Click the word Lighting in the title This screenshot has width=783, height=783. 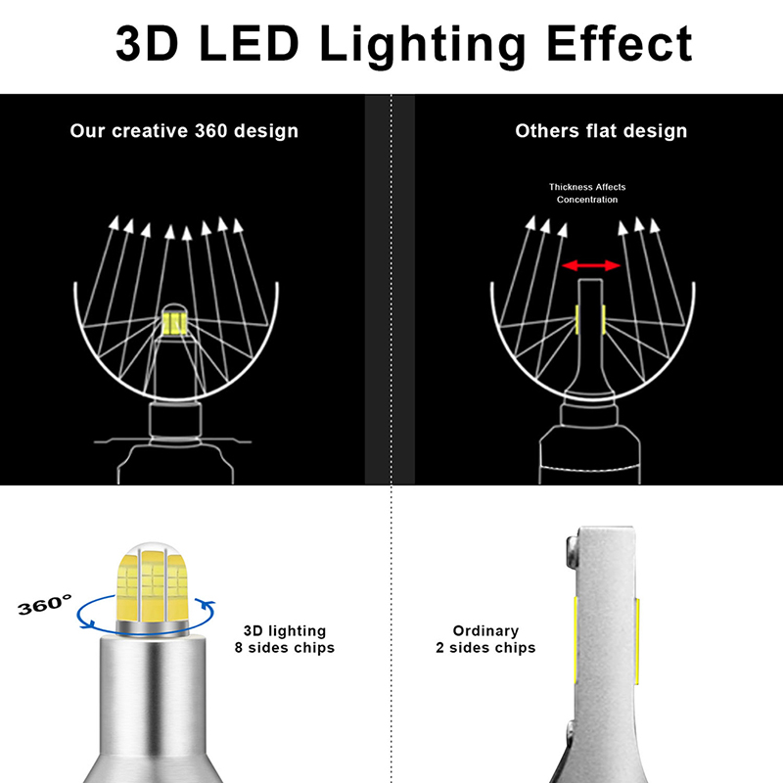423,45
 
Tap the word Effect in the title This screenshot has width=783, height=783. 620,43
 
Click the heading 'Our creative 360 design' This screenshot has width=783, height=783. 184,131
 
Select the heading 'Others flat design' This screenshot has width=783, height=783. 601,131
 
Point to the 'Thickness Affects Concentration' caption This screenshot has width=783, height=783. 587,193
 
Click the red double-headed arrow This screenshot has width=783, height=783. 591,265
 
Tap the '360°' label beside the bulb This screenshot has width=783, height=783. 44,605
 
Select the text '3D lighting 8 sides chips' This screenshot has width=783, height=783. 285,639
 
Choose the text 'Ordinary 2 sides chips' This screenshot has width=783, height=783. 485,639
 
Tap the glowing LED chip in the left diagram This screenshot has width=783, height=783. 174,323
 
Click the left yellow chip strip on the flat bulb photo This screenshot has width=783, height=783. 576,639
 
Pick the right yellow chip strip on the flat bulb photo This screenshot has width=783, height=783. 638,641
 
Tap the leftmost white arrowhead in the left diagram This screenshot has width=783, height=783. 115,223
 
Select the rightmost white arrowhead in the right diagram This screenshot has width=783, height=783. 654,226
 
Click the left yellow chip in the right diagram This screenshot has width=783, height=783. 577,320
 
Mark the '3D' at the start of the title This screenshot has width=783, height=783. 147,43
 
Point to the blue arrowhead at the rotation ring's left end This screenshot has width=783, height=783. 89,623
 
